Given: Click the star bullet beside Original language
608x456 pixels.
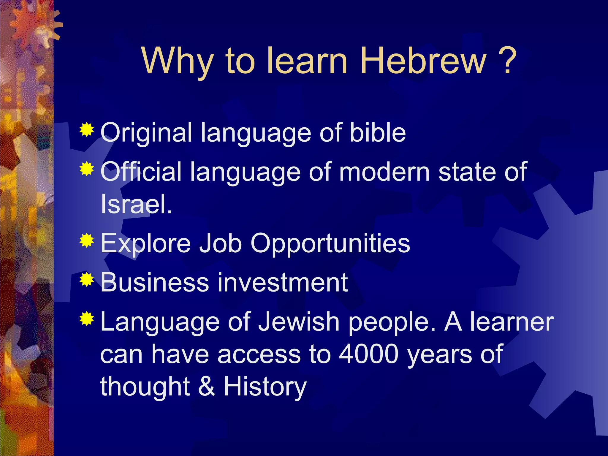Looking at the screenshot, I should [x=87, y=129].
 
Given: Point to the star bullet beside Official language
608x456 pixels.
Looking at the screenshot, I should [x=87, y=169].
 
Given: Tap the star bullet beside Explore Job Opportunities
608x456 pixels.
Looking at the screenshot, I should [x=87, y=240].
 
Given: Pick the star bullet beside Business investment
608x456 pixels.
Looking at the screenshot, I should [x=87, y=279].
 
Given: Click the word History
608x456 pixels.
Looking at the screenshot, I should [x=265, y=387].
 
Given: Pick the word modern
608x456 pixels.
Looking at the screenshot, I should [x=384, y=172].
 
